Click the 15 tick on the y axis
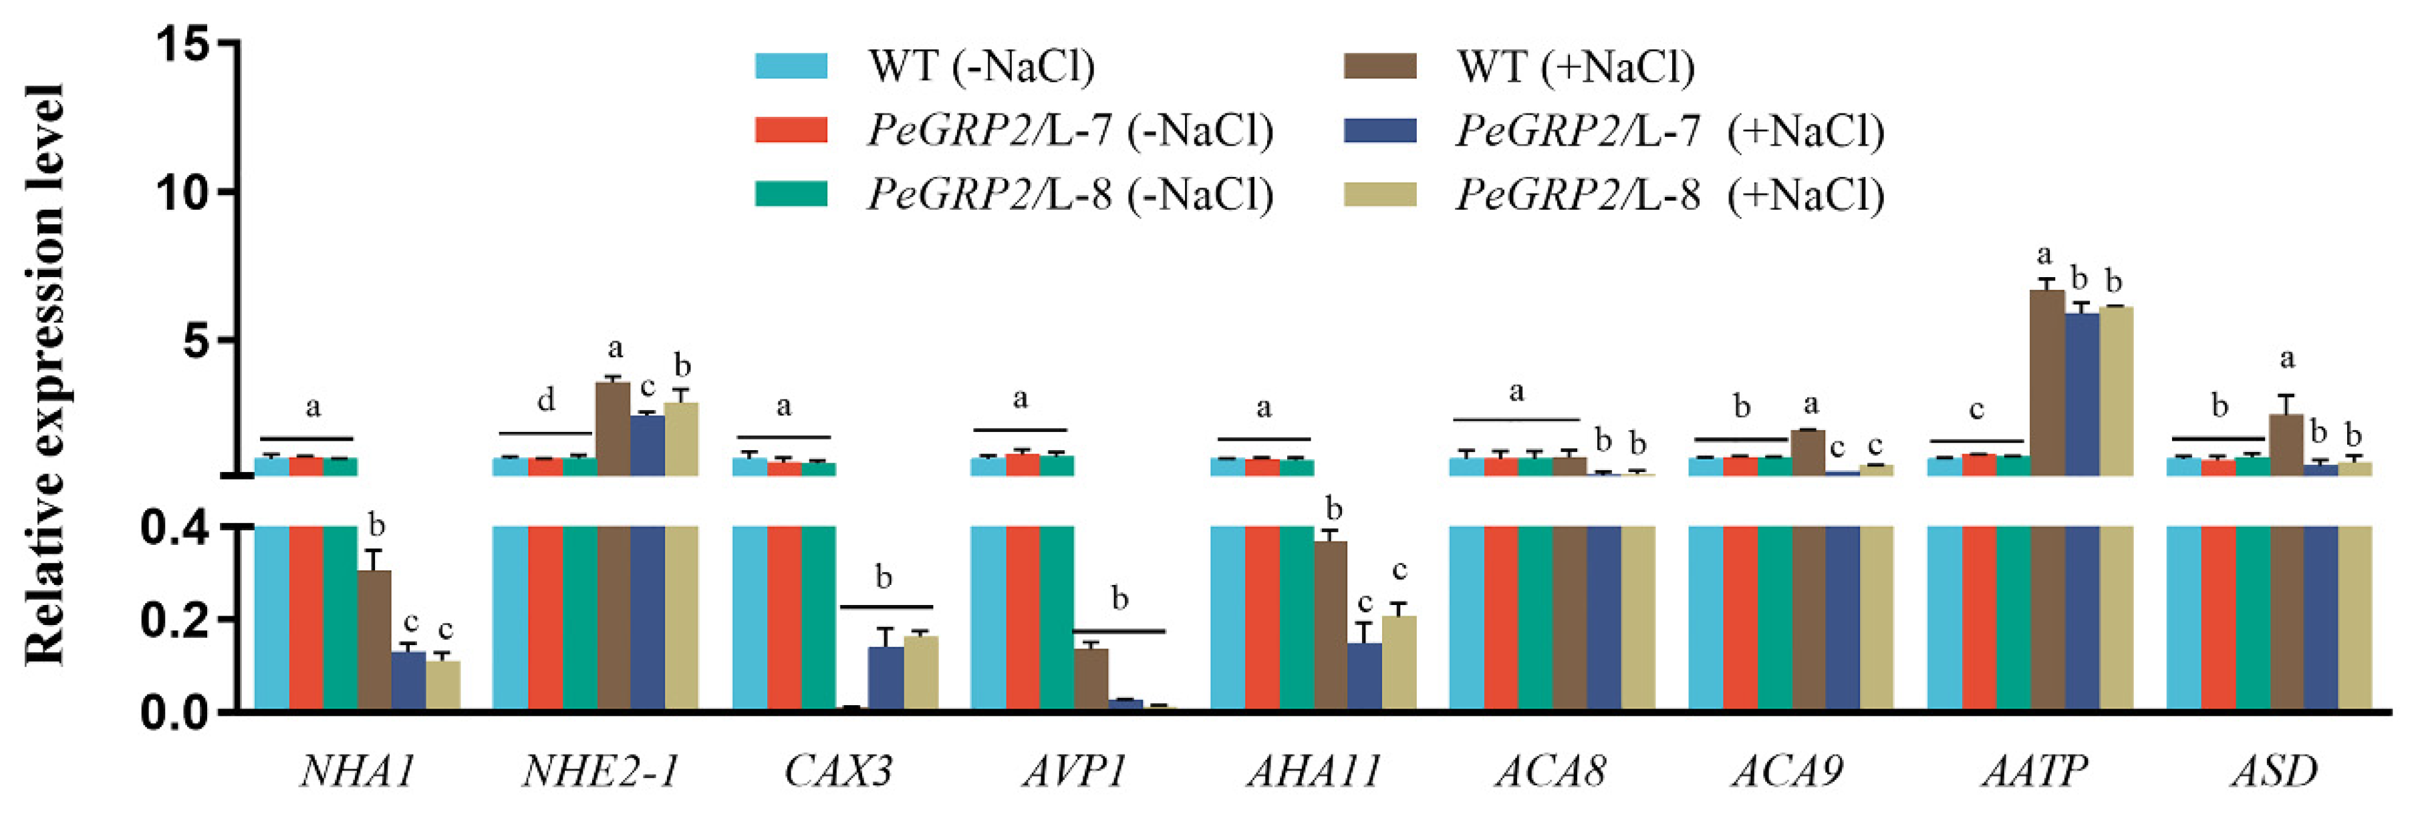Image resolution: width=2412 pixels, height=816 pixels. coord(182,44)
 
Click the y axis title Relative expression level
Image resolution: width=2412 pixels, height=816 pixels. coord(44,375)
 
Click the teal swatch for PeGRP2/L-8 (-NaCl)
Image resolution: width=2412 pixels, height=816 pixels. coord(791,194)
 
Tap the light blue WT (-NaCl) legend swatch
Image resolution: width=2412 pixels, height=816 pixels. coord(791,66)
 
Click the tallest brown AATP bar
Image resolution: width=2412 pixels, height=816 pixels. coord(2047,384)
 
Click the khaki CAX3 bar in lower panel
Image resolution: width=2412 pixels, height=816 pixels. coord(920,674)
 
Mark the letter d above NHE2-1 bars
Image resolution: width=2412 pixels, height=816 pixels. coord(546,401)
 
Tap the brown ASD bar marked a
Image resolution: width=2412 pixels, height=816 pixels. coord(2286,445)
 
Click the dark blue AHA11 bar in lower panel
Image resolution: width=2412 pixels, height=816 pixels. coord(1364,678)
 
